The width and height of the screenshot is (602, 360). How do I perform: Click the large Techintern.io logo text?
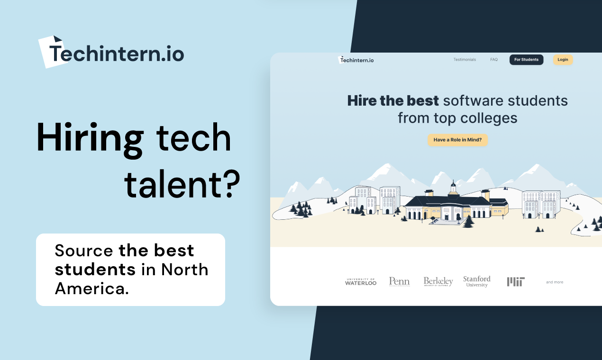point(116,53)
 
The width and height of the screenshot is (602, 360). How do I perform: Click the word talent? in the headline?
point(182,182)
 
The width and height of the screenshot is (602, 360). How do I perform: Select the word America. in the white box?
point(92,288)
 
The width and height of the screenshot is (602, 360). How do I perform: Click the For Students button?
point(526,60)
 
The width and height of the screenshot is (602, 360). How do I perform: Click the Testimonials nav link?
point(465,60)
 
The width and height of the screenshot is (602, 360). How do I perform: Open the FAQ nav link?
point(494,60)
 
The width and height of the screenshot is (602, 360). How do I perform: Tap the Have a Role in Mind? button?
point(457,140)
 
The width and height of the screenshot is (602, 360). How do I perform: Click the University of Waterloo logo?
point(361,282)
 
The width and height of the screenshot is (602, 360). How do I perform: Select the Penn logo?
point(399,282)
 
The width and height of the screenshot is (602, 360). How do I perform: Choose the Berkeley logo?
point(438,282)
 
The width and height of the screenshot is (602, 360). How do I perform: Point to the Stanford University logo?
point(477,281)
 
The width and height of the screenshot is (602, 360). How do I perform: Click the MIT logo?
point(516,282)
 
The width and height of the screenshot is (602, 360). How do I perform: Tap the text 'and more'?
point(555,282)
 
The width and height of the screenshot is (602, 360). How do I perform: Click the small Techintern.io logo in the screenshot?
point(356,60)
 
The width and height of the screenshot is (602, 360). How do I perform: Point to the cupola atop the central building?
point(453,186)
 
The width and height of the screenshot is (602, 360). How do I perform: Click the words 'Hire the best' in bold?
point(393,101)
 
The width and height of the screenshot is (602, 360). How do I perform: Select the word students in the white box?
point(95,269)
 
